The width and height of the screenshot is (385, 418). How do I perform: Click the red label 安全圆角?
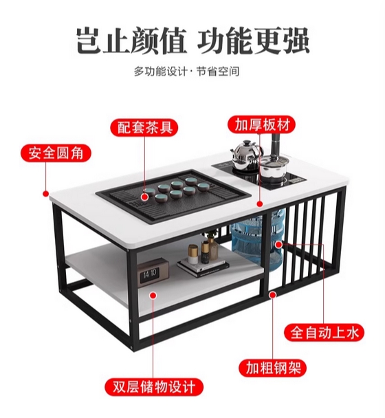pos(56,153)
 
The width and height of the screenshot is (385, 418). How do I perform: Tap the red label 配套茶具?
pos(144,127)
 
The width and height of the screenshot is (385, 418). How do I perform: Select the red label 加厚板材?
pos(261,124)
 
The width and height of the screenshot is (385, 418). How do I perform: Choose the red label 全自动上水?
pos(324,333)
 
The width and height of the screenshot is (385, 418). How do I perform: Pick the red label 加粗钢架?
pos(272,368)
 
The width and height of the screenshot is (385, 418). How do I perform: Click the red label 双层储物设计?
pos(154,387)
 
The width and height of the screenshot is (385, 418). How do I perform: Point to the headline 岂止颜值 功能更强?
pos(193,41)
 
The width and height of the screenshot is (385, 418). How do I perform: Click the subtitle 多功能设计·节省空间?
pos(186,71)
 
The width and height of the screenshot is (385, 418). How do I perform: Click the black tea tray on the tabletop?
pos(174,195)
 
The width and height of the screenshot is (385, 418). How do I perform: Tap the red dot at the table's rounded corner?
pos(46,193)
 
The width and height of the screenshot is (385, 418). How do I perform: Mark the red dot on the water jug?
pos(278,244)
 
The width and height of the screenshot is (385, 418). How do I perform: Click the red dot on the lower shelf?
pos(153,296)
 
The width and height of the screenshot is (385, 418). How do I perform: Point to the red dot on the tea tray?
pos(145,197)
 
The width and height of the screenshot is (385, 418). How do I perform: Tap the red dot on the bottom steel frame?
pos(272,294)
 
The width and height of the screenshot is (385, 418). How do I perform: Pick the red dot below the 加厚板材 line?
pos(260,204)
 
